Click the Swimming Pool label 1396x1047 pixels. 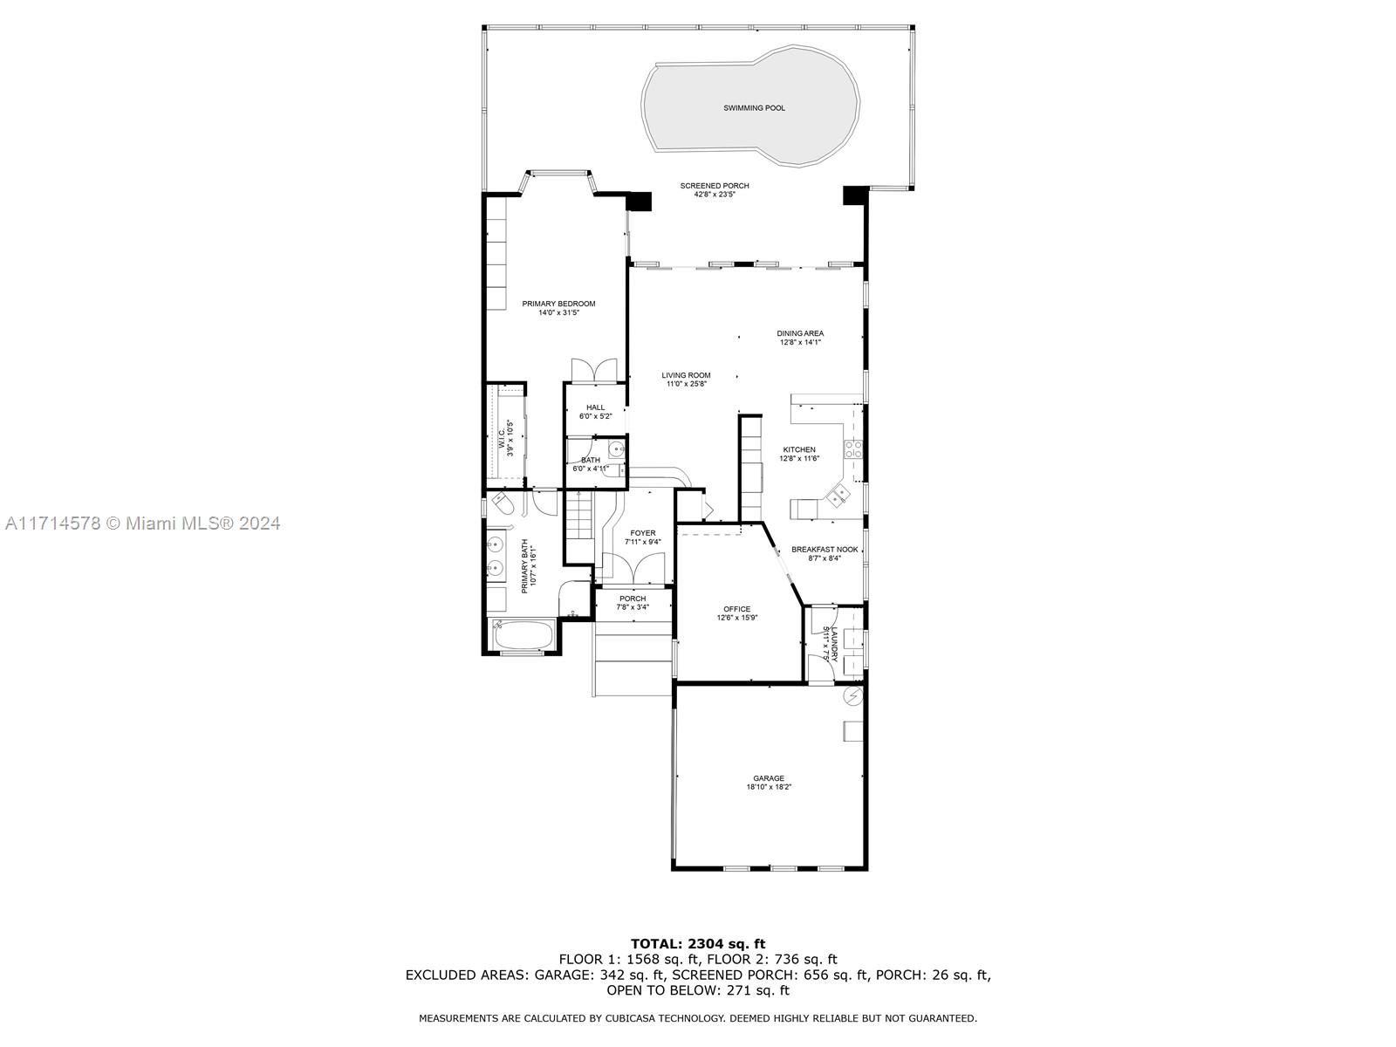754,108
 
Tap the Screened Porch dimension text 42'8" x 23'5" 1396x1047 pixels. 715,195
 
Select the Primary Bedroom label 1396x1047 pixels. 558,304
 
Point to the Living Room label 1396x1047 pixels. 686,375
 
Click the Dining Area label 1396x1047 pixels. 800,333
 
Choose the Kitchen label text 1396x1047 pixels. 799,449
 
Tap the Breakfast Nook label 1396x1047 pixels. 825,550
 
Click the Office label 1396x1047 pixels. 737,609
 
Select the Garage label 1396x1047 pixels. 769,778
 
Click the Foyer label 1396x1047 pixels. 642,533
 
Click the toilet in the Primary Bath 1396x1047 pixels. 503,503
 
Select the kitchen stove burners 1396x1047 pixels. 852,449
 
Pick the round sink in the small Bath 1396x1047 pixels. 616,451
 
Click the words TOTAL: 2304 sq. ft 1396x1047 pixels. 698,944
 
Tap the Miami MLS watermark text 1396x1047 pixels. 142,523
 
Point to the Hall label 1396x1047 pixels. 595,407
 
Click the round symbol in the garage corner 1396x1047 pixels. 852,697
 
